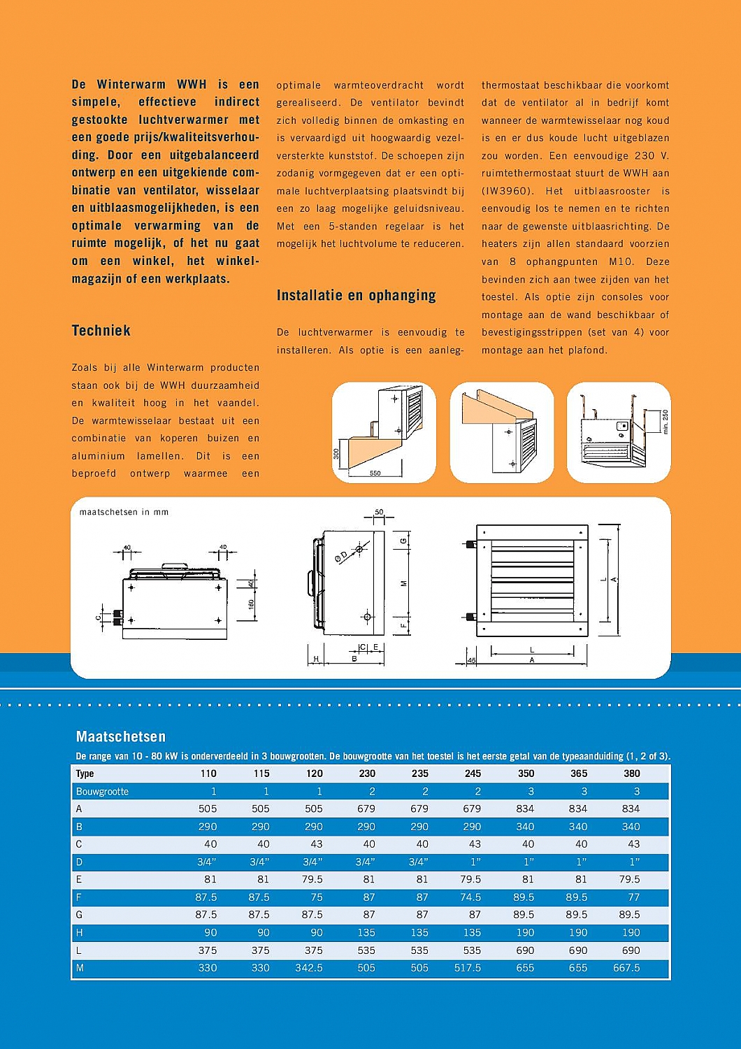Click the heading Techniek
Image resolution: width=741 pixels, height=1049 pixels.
[x=101, y=331]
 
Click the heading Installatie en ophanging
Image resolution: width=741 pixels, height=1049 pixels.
[x=356, y=296]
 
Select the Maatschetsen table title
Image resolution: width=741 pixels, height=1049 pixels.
[x=120, y=736]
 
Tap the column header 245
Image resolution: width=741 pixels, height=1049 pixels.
[x=473, y=773]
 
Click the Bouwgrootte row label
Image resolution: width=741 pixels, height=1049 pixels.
[x=102, y=792]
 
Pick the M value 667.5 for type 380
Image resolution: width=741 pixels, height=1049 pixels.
[x=626, y=968]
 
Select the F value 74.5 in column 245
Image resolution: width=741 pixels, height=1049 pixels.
[x=470, y=897]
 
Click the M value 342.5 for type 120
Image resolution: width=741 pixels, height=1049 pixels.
[x=309, y=968]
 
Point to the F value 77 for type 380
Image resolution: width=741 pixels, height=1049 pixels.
[x=633, y=897]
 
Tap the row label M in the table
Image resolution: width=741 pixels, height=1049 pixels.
[x=80, y=968]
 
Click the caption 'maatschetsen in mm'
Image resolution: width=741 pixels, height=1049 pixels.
[x=124, y=512]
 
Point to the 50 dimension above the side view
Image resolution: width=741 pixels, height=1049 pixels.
[x=379, y=513]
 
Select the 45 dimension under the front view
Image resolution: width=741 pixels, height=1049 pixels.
[x=471, y=660]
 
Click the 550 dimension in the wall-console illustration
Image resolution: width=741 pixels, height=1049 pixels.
[x=375, y=473]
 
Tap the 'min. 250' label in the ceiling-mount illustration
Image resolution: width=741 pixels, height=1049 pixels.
[x=665, y=422]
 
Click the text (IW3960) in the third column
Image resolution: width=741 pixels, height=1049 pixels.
[x=507, y=191]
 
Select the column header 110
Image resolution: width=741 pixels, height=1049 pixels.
[x=208, y=773]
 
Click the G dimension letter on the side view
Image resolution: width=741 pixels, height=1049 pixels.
[x=403, y=541]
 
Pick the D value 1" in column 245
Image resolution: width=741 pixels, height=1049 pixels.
[x=475, y=862]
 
